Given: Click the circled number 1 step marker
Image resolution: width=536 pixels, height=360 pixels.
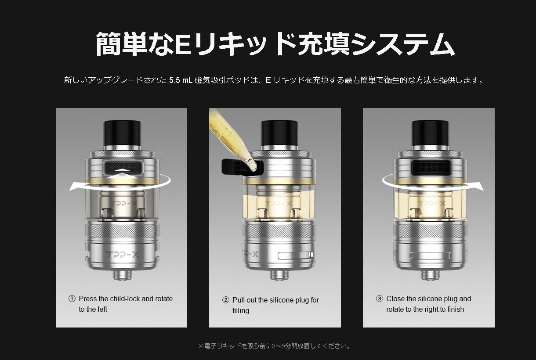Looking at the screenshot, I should [72, 299].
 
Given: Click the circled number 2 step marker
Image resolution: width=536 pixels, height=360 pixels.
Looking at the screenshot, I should [226, 300].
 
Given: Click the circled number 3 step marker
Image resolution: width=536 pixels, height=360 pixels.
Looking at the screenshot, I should [380, 299].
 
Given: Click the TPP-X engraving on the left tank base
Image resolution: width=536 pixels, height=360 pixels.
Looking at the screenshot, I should [121, 254].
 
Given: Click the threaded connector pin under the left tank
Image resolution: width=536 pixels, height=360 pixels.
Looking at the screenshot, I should [121, 275].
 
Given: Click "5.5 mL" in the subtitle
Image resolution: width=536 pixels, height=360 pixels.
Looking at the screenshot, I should [181, 80].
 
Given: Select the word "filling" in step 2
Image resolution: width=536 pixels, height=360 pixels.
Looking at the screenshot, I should [241, 311].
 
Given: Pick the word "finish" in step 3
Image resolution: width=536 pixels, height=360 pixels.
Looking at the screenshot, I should [454, 310].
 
